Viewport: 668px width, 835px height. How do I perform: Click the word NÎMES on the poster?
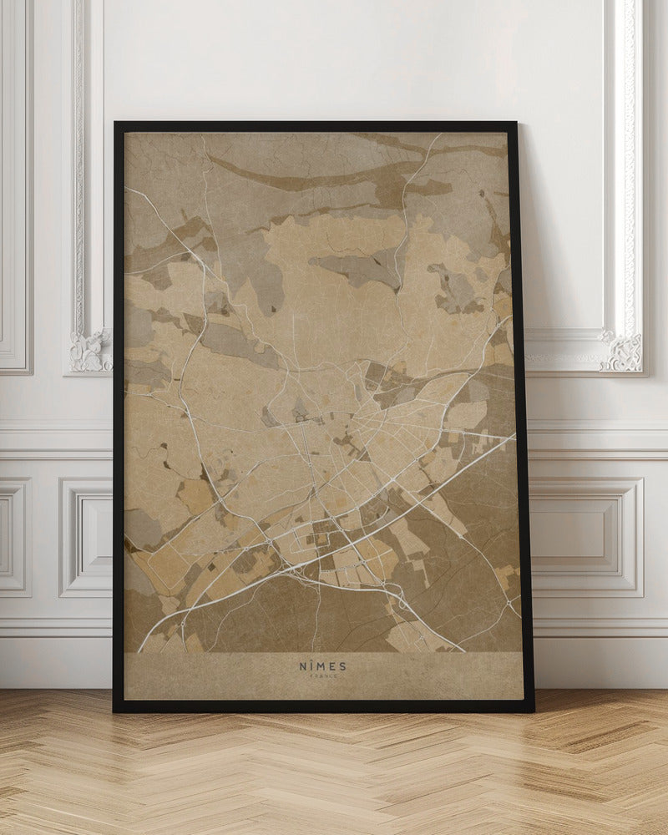(x=322, y=666)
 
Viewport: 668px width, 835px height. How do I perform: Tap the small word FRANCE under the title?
(x=322, y=678)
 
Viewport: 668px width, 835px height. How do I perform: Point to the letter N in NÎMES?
(x=303, y=666)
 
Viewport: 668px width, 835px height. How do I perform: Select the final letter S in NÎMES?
(x=342, y=666)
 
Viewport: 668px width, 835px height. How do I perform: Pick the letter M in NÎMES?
(x=321, y=666)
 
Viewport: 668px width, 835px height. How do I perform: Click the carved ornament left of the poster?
(x=90, y=351)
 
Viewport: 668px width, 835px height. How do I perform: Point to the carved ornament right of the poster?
(x=622, y=352)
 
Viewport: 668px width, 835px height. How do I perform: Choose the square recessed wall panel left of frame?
(x=85, y=537)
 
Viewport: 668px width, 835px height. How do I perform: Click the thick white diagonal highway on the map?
(x=351, y=543)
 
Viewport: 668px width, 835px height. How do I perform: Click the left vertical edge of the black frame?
(x=118, y=417)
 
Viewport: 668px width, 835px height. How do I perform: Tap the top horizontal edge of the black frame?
(x=317, y=126)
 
